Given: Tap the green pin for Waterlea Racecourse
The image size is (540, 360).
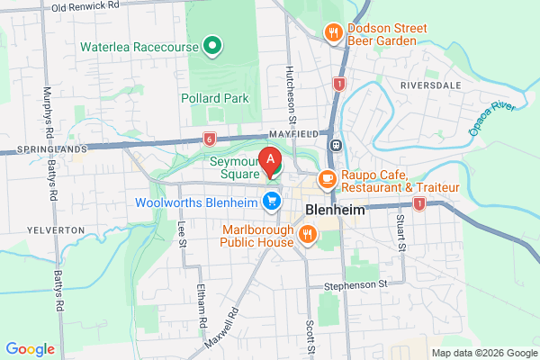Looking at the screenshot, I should [212, 44].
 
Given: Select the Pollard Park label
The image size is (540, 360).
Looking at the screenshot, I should [213, 97].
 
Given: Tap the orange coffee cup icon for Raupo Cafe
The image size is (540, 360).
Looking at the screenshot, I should [328, 179].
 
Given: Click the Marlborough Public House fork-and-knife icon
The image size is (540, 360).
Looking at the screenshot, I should [308, 235].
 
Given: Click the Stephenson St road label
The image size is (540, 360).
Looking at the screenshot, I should [355, 283].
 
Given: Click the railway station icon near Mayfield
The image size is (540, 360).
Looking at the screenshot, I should [336, 144].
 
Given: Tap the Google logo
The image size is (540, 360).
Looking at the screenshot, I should [31, 348].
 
